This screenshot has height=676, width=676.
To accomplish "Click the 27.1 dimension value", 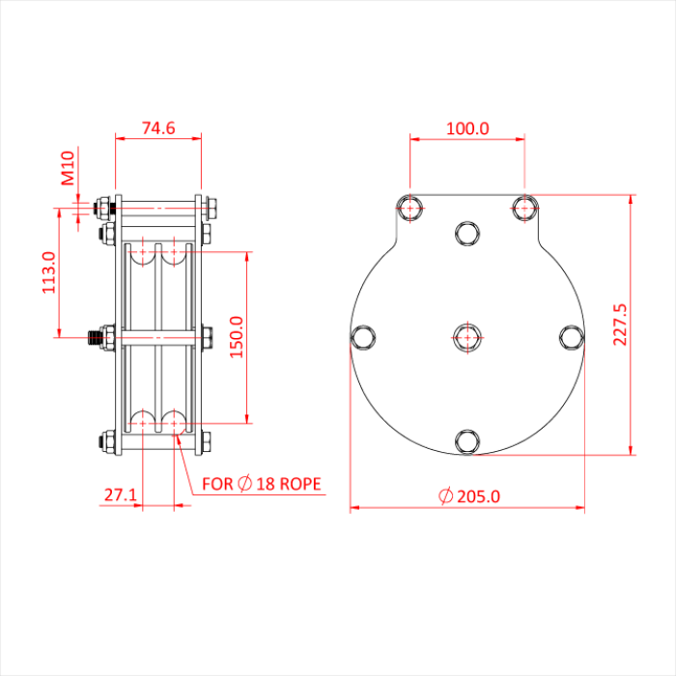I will (x=121, y=495).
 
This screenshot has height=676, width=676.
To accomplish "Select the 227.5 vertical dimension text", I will (x=620, y=324).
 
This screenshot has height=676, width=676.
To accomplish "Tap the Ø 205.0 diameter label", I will (x=469, y=496).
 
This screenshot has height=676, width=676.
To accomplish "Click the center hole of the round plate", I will (x=467, y=336).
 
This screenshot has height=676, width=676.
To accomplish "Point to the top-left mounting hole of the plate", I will (x=410, y=207).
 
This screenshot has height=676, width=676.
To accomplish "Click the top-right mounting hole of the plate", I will (x=524, y=207).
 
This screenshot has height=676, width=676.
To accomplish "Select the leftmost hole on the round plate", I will (x=362, y=336).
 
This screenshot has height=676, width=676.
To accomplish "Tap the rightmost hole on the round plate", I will (x=572, y=336).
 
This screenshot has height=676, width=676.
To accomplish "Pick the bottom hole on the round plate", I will (x=467, y=441).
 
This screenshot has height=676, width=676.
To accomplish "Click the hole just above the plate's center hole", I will (x=467, y=232).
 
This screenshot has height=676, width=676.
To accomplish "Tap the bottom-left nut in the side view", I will (x=103, y=442).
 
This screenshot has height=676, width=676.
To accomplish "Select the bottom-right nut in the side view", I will (x=206, y=442).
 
